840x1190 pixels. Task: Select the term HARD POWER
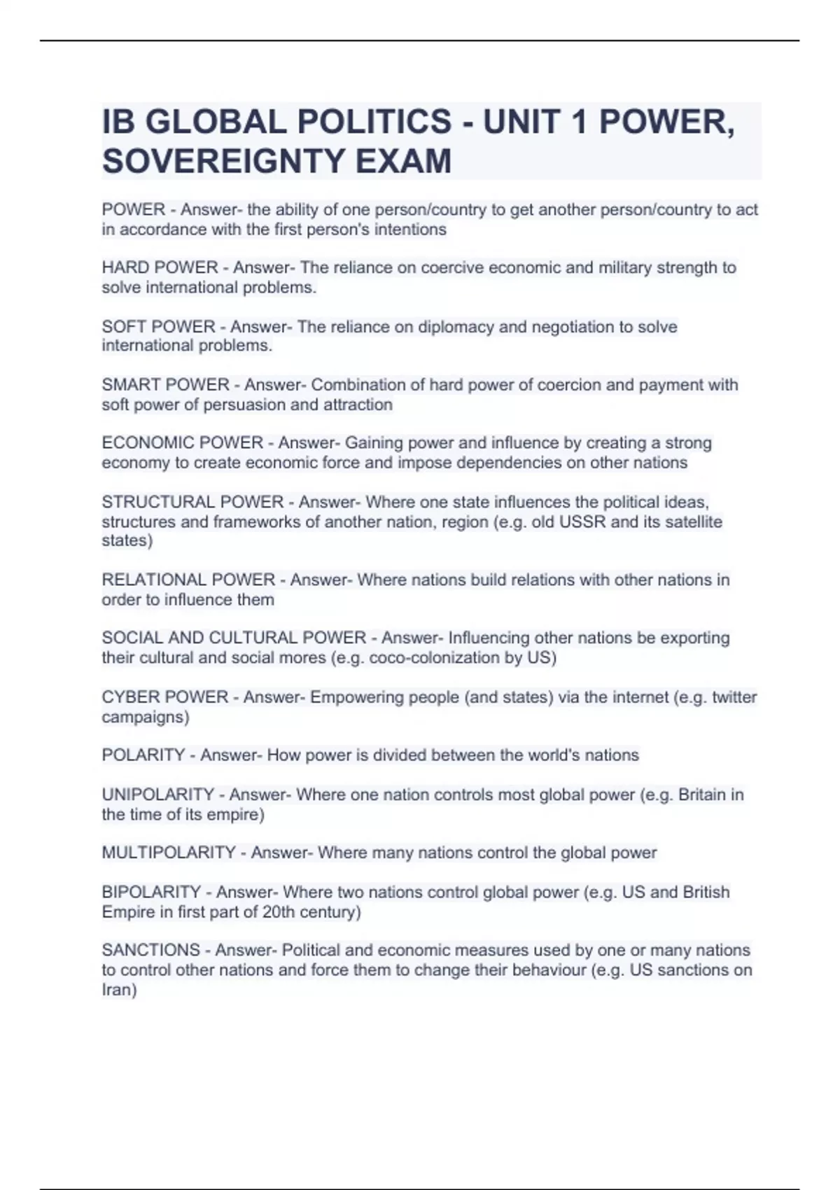[160, 267]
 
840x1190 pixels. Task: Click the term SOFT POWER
[158, 327]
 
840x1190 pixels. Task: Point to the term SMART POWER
[165, 385]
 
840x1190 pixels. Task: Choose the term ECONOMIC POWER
[182, 443]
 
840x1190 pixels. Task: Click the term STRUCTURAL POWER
[192, 502]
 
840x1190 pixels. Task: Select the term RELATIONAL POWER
[188, 580]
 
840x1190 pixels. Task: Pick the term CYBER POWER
[164, 697]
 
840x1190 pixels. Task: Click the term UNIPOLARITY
[157, 794]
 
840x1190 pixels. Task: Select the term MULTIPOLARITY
[169, 853]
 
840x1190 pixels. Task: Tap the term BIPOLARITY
[151, 892]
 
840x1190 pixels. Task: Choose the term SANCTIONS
[150, 950]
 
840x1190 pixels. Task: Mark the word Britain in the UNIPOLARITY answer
[702, 794]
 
